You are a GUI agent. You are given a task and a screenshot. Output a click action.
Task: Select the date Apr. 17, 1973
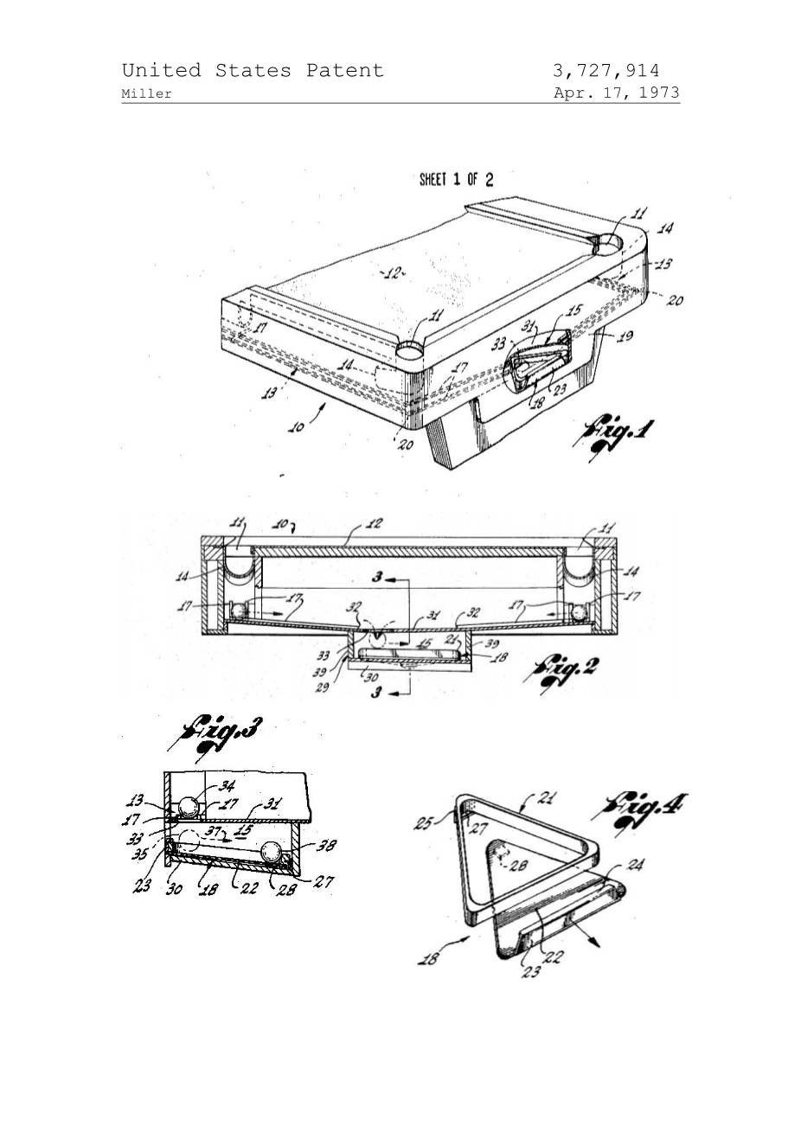[616, 93]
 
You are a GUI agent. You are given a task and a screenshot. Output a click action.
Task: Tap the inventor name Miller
[147, 94]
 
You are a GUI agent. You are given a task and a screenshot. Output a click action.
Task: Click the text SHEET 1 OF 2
[456, 180]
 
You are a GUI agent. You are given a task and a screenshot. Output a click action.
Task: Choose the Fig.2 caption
[567, 670]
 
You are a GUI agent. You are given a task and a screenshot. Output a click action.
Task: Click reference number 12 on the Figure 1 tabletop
[393, 273]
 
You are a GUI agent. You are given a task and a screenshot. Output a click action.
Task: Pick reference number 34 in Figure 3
[227, 786]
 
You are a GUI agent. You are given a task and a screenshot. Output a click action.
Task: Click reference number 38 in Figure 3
[327, 847]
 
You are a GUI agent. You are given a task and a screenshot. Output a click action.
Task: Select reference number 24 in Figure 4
[634, 866]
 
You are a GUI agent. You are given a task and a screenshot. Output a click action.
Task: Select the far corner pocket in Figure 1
[611, 243]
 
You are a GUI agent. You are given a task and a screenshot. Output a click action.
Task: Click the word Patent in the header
[344, 71]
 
